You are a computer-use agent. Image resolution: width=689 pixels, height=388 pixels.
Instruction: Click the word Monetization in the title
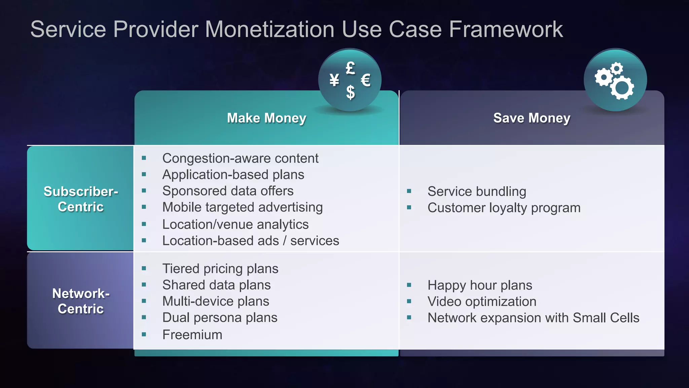269,29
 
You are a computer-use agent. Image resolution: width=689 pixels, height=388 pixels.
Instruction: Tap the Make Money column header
266,118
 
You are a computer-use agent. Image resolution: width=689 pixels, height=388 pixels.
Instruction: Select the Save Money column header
532,118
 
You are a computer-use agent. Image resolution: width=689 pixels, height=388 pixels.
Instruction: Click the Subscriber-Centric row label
81,199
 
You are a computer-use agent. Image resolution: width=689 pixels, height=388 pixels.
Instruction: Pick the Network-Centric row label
81,301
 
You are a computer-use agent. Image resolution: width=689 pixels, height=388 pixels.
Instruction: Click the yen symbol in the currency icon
334,80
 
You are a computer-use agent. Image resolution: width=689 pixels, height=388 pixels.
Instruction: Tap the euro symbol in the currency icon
366,80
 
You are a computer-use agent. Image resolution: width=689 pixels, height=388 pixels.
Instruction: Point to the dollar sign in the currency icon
350,92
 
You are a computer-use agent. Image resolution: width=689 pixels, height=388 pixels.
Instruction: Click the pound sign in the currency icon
350,68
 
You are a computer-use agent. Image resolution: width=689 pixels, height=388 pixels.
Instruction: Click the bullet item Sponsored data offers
228,191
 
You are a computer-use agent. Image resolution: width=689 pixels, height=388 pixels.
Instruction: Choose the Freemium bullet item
192,335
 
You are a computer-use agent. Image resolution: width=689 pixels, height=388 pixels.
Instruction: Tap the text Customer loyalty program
504,208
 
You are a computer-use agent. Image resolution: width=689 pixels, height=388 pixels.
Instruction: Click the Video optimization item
482,301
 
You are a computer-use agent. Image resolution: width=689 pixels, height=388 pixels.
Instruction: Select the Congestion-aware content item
240,158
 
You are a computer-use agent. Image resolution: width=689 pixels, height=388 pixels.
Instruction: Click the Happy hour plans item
480,285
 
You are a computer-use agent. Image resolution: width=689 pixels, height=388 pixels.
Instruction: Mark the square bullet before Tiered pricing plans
144,268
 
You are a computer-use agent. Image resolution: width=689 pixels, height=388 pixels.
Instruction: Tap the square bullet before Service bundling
409,191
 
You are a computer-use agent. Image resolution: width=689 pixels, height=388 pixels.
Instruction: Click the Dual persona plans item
220,318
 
